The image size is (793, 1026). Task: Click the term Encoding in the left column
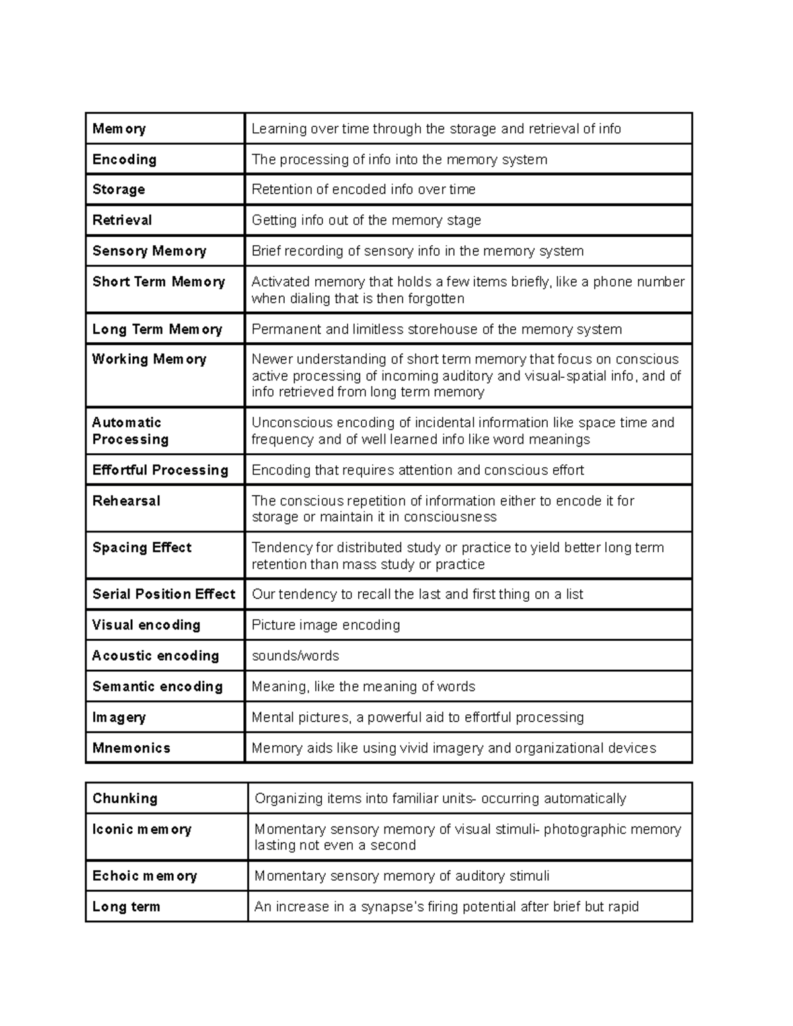[124, 159]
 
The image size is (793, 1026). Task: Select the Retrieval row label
[122, 220]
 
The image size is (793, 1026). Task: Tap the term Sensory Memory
[149, 251]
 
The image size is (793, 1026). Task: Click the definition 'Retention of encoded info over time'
[363, 190]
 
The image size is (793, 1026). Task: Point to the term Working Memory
[149, 359]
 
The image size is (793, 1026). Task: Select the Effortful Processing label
[160, 470]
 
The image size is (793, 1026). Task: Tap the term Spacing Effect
[142, 548]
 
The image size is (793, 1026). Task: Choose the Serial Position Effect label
[164, 594]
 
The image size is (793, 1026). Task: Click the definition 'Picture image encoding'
[326, 625]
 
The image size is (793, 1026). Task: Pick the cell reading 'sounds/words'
[295, 656]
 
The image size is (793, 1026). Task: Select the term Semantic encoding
[157, 686]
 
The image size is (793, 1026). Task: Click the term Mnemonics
[132, 748]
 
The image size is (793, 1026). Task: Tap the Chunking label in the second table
[125, 798]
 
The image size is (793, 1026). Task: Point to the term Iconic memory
[142, 829]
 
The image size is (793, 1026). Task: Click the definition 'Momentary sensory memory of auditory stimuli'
[402, 876]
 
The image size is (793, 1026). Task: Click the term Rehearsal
[126, 501]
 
